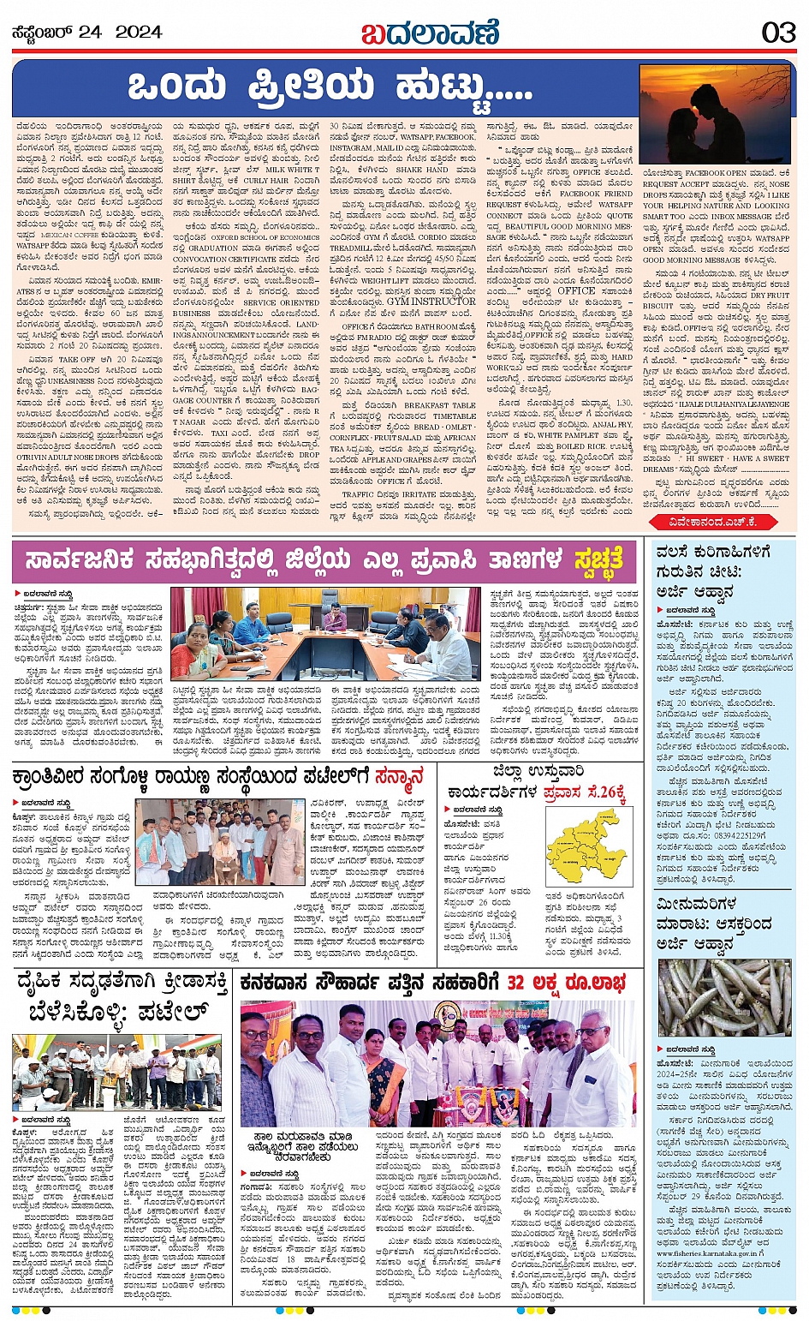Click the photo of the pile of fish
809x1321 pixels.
point(724,998)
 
